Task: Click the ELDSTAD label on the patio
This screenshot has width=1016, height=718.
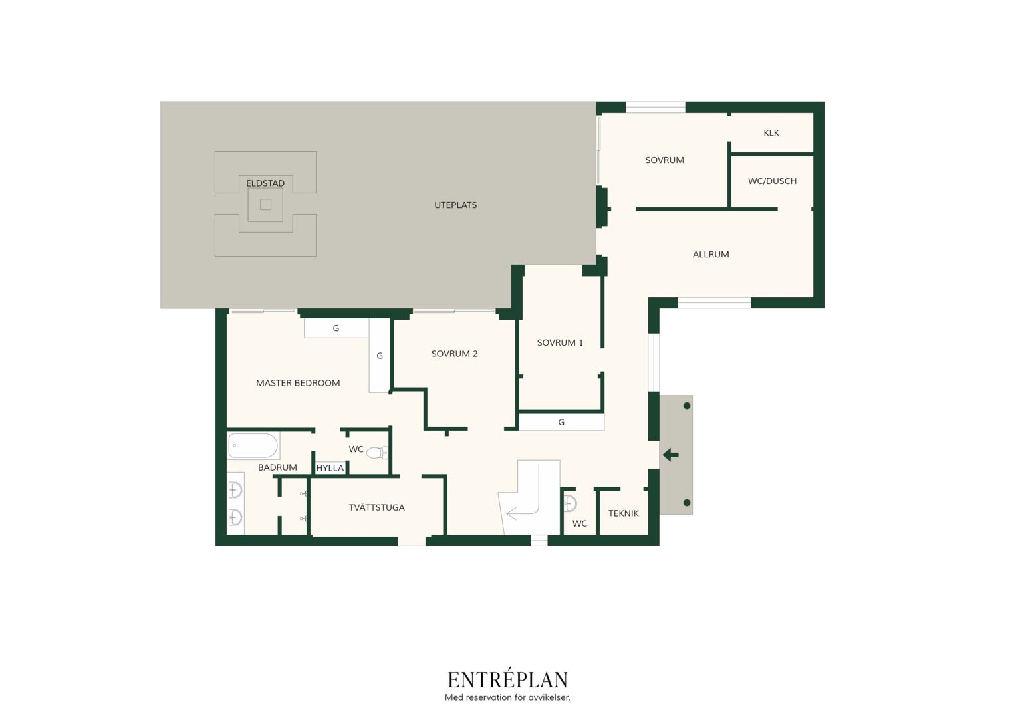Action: click(x=265, y=183)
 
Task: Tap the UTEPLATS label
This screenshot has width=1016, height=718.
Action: click(x=455, y=205)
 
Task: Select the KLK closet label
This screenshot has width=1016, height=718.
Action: click(x=771, y=133)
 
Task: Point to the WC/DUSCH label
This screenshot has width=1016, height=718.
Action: click(x=772, y=181)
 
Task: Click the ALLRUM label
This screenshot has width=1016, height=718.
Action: click(x=711, y=255)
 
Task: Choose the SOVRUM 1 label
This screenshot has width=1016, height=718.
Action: click(x=560, y=343)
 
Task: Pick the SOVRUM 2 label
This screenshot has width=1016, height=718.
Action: click(x=455, y=354)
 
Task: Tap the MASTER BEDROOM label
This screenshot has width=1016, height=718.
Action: click(x=298, y=383)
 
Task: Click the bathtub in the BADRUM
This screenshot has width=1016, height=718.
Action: click(x=253, y=445)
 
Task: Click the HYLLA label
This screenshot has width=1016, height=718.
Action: click(x=330, y=468)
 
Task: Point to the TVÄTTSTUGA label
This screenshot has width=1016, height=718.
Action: click(x=376, y=507)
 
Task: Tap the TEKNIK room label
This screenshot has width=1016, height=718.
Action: click(x=623, y=513)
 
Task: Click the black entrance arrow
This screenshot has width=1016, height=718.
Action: click(x=671, y=455)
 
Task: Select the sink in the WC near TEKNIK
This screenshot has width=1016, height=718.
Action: click(x=570, y=503)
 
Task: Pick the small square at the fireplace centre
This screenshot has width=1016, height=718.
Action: click(x=266, y=205)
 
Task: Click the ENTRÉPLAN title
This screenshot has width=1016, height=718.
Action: click(x=507, y=679)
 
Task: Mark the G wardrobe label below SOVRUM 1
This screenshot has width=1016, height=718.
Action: click(x=561, y=423)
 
